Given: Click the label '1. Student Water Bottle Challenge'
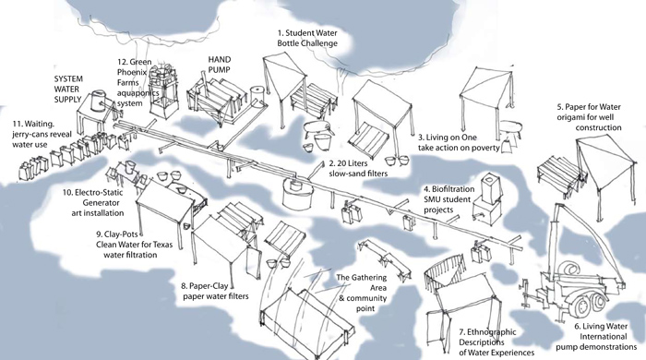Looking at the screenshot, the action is [307, 38].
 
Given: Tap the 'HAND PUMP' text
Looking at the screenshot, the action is [220, 65].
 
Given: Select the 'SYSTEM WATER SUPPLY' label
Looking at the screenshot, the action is [68, 89].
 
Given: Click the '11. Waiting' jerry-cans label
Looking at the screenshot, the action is [42, 134].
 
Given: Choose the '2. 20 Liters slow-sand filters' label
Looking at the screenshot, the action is [358, 169].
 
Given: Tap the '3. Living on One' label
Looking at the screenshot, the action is [459, 142].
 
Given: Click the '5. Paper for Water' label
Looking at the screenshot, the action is [589, 117].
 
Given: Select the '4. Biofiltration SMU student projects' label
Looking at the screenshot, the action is [449, 199].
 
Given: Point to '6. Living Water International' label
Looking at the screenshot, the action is [596, 337].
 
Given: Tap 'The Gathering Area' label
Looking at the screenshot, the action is [362, 293].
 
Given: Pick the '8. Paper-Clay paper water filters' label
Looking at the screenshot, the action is [215, 291].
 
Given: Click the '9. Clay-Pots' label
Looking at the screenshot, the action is [134, 245].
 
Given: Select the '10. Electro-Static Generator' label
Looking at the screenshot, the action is [93, 202].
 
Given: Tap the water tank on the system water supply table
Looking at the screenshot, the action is [99, 102].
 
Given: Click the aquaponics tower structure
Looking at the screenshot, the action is [161, 92].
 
